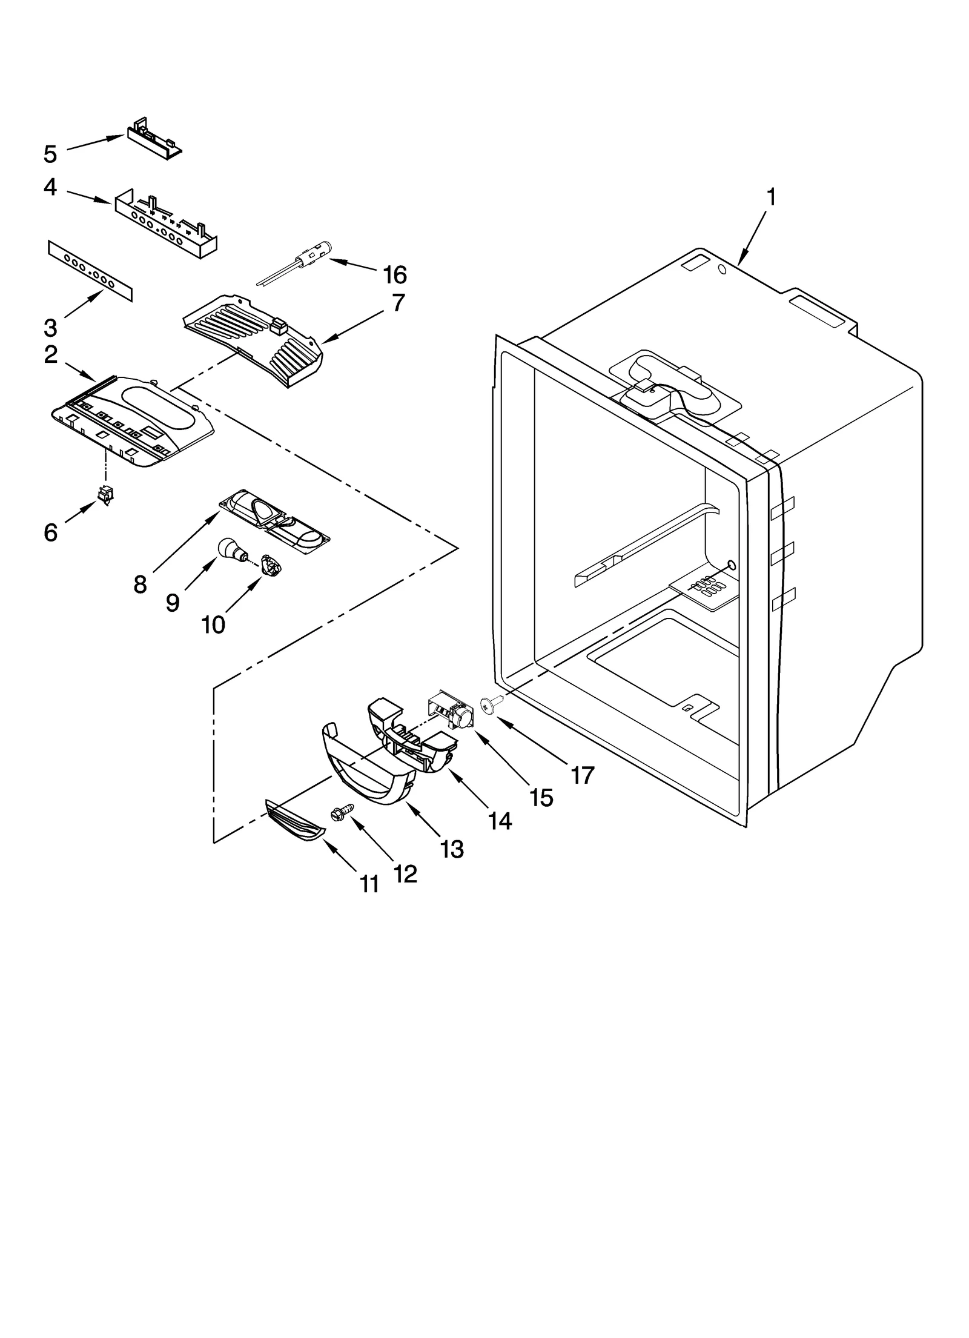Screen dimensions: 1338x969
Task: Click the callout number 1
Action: click(771, 197)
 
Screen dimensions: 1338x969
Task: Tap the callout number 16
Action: click(395, 275)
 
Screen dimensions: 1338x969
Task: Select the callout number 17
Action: click(582, 775)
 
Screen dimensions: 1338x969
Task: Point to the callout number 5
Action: click(50, 154)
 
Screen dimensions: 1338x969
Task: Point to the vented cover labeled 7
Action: click(254, 339)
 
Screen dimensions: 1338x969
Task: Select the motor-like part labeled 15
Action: click(451, 710)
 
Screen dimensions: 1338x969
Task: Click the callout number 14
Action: click(500, 820)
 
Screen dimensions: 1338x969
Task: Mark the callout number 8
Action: click(140, 585)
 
